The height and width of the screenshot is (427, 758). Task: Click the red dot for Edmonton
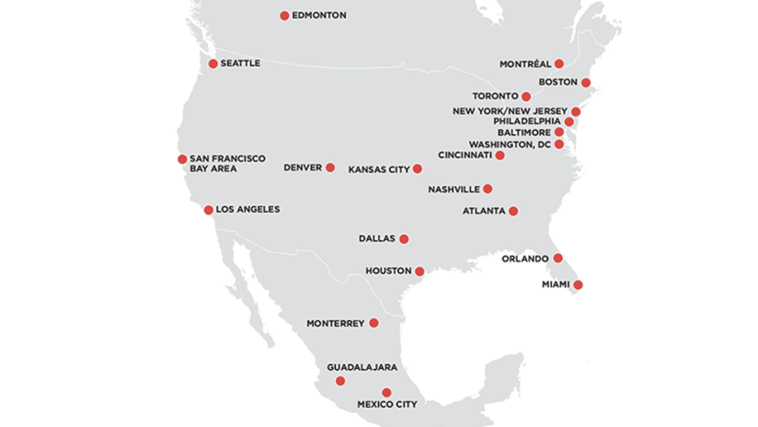pyautogui.click(x=284, y=16)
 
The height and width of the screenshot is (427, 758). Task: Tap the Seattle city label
pyautogui.click(x=241, y=63)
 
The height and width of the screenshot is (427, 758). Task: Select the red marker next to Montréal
pyautogui.click(x=559, y=63)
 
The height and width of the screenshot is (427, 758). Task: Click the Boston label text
pyautogui.click(x=558, y=82)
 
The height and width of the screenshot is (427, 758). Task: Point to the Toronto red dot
pyautogui.click(x=526, y=97)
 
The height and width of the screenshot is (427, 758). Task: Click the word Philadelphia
pyautogui.click(x=526, y=121)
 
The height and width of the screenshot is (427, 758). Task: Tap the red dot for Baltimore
pyautogui.click(x=559, y=133)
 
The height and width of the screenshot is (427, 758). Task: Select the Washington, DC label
pyautogui.click(x=510, y=144)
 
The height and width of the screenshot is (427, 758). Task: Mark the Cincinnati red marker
pyautogui.click(x=500, y=156)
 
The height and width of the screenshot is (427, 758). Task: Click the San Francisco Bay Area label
pyautogui.click(x=226, y=164)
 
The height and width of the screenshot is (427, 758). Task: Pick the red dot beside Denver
pyautogui.click(x=330, y=167)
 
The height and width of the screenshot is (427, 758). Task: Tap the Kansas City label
pyautogui.click(x=378, y=169)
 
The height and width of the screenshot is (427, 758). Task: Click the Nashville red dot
pyautogui.click(x=488, y=190)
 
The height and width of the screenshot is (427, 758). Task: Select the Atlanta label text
pyautogui.click(x=484, y=211)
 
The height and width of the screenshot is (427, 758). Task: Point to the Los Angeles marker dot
pyautogui.click(x=209, y=210)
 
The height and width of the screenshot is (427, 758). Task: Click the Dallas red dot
pyautogui.click(x=404, y=239)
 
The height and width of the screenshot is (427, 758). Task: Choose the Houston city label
pyautogui.click(x=387, y=271)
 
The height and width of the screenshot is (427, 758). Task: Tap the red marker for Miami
pyautogui.click(x=578, y=285)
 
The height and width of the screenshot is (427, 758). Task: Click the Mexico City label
pyautogui.click(x=386, y=405)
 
